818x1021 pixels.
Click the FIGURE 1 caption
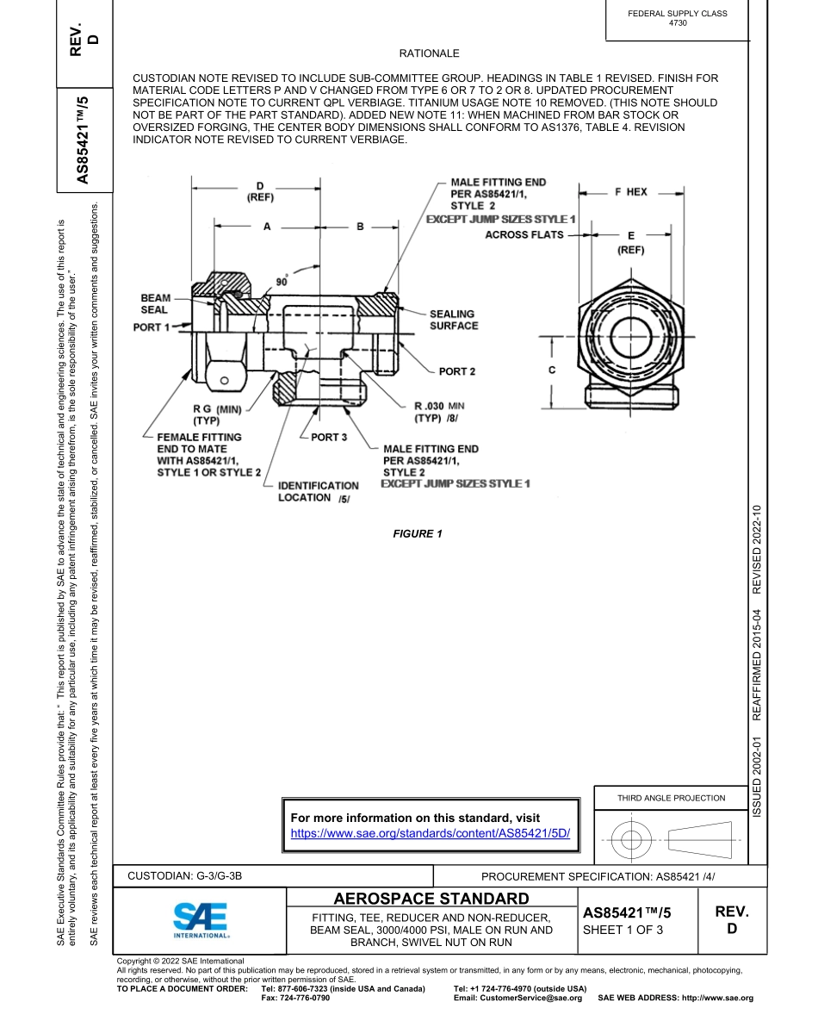[418, 534]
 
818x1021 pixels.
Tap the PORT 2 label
[456, 371]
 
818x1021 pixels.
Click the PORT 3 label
[328, 438]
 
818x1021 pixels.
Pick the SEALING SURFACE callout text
[453, 320]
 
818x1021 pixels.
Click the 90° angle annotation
[282, 282]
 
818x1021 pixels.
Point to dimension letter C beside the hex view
[551, 370]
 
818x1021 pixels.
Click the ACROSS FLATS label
[524, 234]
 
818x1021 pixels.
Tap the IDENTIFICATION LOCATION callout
[318, 492]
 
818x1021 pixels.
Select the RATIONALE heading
[429, 53]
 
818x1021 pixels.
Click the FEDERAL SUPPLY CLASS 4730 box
[678, 18]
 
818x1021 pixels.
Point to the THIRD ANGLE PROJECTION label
[671, 798]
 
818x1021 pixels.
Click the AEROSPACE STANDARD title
[431, 900]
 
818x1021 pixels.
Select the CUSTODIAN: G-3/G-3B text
[185, 876]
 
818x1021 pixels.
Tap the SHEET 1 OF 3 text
[623, 930]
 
